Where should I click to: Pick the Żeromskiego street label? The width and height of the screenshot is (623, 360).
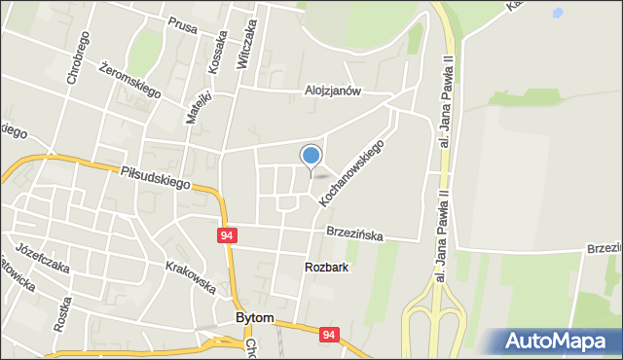pos(129,78)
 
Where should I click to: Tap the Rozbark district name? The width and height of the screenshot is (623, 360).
pos(326,267)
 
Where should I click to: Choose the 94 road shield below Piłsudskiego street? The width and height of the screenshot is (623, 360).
pos(227,236)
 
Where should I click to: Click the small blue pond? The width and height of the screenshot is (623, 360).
pos(557,15)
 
